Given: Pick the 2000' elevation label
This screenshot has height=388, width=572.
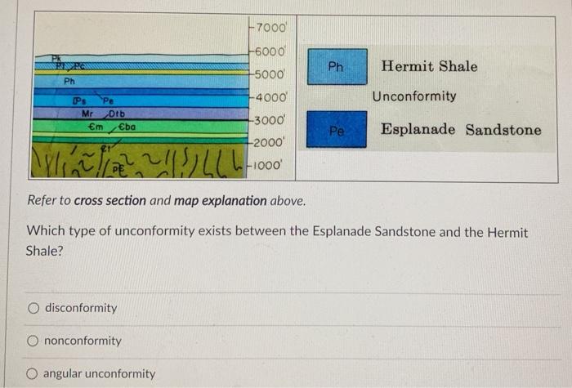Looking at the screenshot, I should tap(266, 143).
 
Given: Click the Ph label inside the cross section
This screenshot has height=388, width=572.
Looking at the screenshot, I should tap(69, 82).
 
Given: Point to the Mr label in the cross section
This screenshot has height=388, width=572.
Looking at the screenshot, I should tap(89, 113).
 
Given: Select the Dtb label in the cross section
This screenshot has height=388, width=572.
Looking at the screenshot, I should tap(116, 114).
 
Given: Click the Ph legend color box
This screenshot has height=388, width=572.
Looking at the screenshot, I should tap(337, 66).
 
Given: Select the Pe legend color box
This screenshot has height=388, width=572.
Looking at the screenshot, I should tap(337, 130).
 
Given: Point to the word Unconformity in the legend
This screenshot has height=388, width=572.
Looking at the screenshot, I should tap(414, 96).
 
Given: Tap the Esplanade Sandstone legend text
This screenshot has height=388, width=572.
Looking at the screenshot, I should tap(461, 130).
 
